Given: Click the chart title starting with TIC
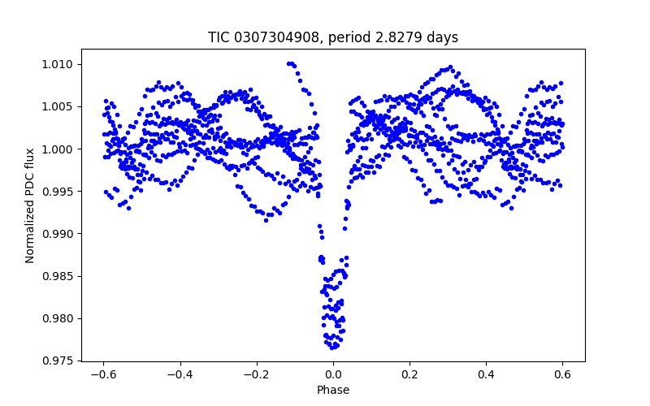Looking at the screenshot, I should click(333, 38).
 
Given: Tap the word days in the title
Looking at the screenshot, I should click(441, 38).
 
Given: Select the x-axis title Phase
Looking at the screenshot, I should click(333, 390).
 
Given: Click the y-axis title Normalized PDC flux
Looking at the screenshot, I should click(30, 205).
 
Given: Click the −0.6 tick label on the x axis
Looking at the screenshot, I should click(103, 374).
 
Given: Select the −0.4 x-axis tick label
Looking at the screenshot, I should click(180, 374).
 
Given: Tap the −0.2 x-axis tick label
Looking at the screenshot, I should click(256, 374).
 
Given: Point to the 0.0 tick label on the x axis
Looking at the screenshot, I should click(333, 374).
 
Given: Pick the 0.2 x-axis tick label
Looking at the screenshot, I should click(409, 374).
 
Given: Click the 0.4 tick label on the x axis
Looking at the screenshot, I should click(486, 374).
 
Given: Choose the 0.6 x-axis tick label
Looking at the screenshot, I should click(562, 374).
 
